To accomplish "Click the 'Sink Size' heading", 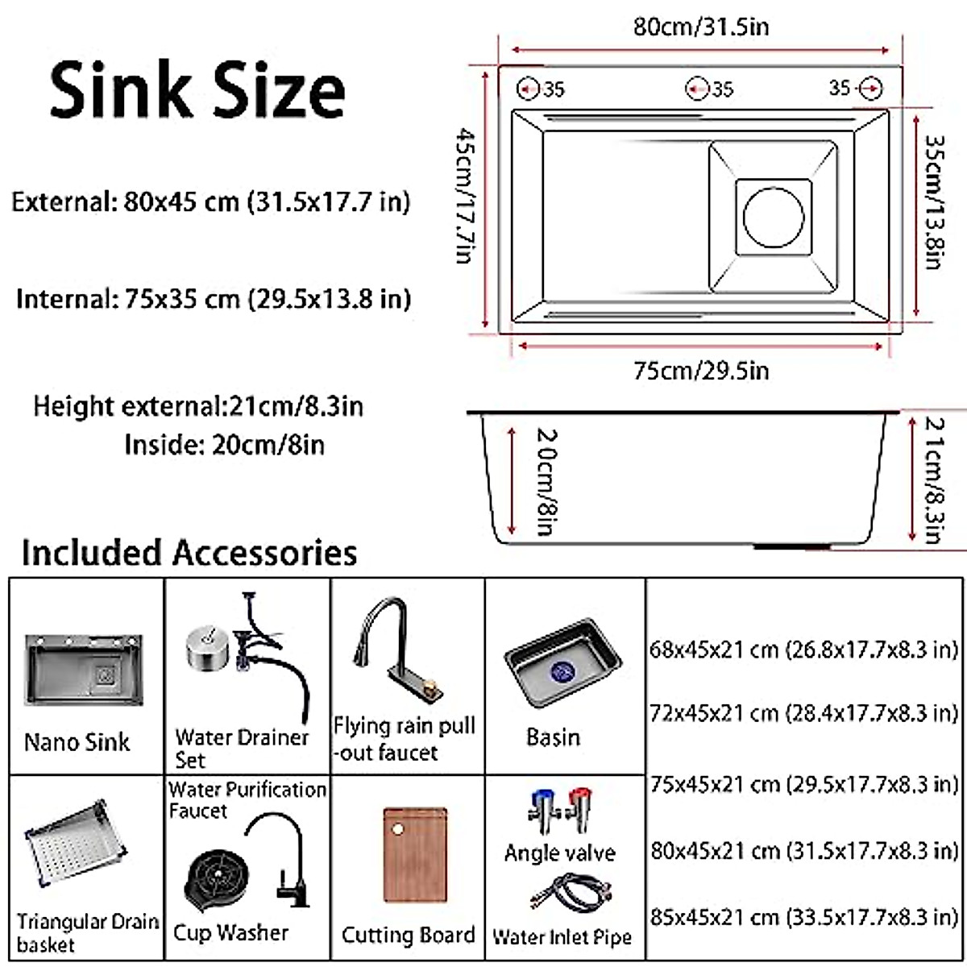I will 197,90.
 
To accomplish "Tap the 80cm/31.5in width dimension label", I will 700,27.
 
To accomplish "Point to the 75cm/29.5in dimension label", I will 700,371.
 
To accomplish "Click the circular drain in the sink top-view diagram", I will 774,217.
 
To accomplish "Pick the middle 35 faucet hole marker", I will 697,89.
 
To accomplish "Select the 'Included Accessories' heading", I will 189,554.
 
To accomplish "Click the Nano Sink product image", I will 84,669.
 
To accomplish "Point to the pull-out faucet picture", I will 399,653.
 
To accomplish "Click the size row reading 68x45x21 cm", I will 803,650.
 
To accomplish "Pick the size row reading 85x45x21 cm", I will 803,917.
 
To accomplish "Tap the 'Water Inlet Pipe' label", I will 562,937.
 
